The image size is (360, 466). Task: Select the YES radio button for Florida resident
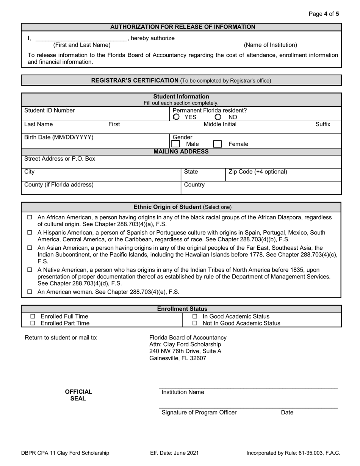176,117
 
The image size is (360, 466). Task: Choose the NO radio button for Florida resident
218,117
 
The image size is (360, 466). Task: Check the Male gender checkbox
175,144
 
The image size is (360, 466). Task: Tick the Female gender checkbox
217,144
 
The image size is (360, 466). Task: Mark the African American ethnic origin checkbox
30,217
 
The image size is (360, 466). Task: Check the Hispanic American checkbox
30,233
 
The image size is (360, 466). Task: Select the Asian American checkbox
30,248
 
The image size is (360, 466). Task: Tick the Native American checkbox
30,270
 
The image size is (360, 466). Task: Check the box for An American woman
30,292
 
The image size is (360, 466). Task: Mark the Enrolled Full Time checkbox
33,316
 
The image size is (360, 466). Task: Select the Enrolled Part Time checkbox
33,323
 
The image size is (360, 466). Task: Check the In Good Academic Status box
195,316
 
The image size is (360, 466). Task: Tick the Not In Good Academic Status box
195,323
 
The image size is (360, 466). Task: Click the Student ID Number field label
50,111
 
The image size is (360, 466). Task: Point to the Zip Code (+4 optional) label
258,172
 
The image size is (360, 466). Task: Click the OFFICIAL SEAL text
78,395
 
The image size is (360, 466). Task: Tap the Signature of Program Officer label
199,413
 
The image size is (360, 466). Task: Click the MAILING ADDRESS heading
181,152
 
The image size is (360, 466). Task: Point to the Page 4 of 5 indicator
324,14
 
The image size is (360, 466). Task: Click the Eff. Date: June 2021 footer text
174,453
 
